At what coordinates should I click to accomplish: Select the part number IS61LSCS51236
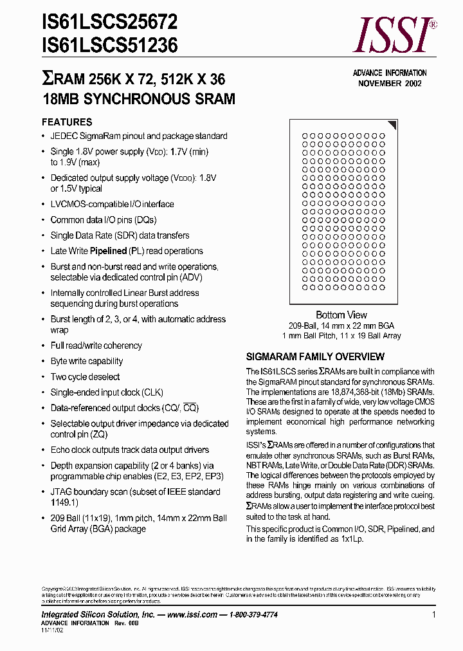(109, 46)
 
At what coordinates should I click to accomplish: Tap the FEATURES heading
(67, 122)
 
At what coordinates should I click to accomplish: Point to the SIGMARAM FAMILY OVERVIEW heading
(315, 356)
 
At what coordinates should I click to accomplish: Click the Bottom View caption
(341, 315)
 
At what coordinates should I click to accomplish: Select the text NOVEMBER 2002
(390, 84)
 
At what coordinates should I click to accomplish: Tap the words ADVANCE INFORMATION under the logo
(390, 73)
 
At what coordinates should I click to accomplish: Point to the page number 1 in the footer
(434, 615)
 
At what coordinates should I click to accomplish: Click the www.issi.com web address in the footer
(191, 615)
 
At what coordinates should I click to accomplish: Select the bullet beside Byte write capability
(44, 362)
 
